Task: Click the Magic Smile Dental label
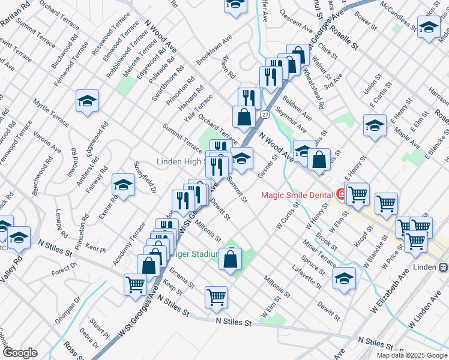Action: tap(297, 195)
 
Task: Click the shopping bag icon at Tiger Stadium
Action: tap(231, 259)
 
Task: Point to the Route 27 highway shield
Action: tap(265, 114)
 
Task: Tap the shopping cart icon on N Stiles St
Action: tap(216, 296)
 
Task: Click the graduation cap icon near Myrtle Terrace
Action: tap(87, 100)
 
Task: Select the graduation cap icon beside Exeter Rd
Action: tap(123, 185)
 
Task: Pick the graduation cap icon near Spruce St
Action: tap(344, 278)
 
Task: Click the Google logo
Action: tap(20, 353)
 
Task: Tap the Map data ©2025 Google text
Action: tap(412, 355)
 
